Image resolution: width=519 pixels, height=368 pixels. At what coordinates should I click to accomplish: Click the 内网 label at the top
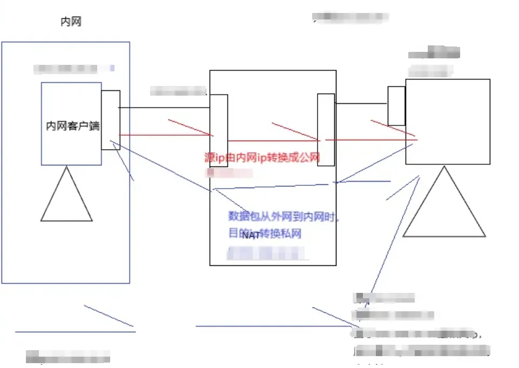[x=71, y=22]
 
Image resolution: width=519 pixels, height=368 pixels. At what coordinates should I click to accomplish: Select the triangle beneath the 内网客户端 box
[x=66, y=200]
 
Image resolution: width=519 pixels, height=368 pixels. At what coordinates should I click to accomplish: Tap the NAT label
[x=251, y=235]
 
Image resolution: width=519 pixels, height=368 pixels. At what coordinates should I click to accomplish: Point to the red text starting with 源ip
[x=262, y=158]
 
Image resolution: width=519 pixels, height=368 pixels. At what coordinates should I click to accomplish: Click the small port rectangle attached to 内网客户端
[x=110, y=119]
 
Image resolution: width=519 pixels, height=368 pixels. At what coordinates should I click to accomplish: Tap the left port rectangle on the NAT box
[x=219, y=130]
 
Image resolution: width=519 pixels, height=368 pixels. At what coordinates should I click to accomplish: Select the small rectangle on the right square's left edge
[x=396, y=105]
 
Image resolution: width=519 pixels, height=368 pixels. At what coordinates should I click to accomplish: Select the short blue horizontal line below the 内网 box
[x=75, y=331]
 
